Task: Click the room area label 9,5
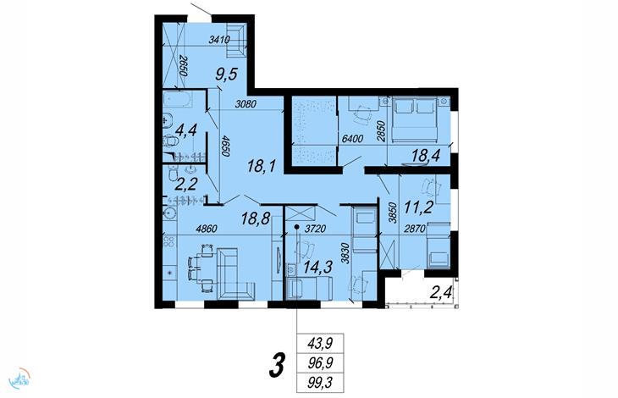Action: pyautogui.click(x=226, y=74)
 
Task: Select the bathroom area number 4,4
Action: pyautogui.click(x=185, y=130)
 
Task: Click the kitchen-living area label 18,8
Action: pyautogui.click(x=255, y=218)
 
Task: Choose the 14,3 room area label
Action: pyautogui.click(x=317, y=267)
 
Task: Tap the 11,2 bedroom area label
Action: pyautogui.click(x=417, y=206)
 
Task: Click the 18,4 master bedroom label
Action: pyautogui.click(x=425, y=155)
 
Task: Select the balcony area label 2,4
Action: pyautogui.click(x=440, y=293)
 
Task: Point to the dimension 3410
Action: pyautogui.click(x=219, y=39)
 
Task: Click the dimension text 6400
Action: pyautogui.click(x=352, y=138)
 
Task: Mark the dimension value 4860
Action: pyautogui.click(x=207, y=229)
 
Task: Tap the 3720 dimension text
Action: pyautogui.click(x=315, y=228)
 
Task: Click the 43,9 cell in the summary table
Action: pyautogui.click(x=320, y=343)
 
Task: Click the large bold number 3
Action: pyautogui.click(x=278, y=365)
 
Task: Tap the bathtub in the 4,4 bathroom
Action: pyautogui.click(x=178, y=99)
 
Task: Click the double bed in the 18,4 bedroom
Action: pyautogui.click(x=415, y=119)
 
